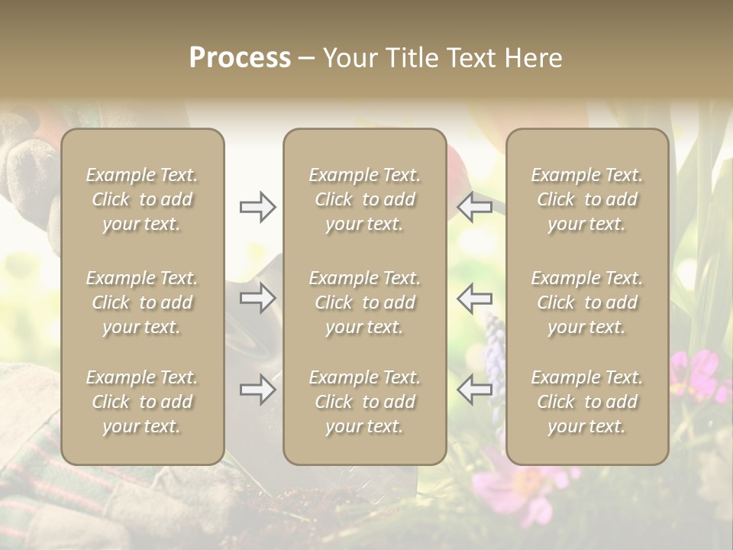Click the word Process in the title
point(240,58)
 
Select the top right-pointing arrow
point(257,207)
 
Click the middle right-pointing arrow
point(257,298)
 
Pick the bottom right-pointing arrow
point(257,390)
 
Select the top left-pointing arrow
point(475,207)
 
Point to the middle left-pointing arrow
point(475,298)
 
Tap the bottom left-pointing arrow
point(475,390)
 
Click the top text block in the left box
point(142,199)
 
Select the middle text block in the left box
point(142,302)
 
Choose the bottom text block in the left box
point(142,402)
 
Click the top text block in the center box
point(364,199)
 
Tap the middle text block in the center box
point(364,302)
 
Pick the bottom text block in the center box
point(364,402)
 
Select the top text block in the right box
point(586,199)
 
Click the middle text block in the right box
point(586,302)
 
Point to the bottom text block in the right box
point(586,402)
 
